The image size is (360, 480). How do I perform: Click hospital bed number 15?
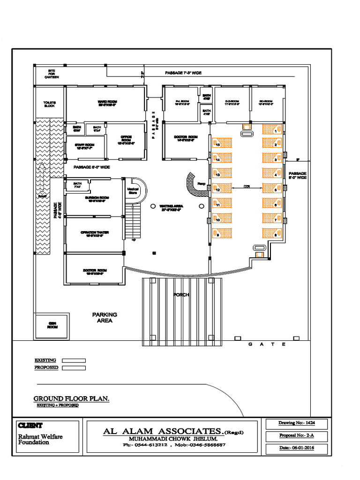pyautogui.click(x=223, y=144)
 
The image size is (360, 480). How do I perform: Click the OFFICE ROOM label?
pyautogui.click(x=126, y=139)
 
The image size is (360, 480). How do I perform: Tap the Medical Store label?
pyautogui.click(x=133, y=190)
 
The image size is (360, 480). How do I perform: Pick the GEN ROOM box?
pyautogui.click(x=52, y=325)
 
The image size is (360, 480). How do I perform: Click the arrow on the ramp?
pyautogui.click(x=42, y=178)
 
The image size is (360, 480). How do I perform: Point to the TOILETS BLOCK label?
pyautogui.click(x=50, y=104)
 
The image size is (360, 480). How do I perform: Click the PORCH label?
pyautogui.click(x=180, y=295)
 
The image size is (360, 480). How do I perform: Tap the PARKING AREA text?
pyautogui.click(x=105, y=318)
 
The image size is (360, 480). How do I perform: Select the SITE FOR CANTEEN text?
pyautogui.click(x=52, y=74)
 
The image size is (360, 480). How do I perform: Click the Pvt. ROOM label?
pyautogui.click(x=182, y=103)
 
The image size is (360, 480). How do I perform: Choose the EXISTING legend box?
pyautogui.click(x=74, y=360)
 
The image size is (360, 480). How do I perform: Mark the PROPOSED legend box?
pyautogui.click(x=74, y=368)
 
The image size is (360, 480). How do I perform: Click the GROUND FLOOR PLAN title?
pyautogui.click(x=71, y=398)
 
